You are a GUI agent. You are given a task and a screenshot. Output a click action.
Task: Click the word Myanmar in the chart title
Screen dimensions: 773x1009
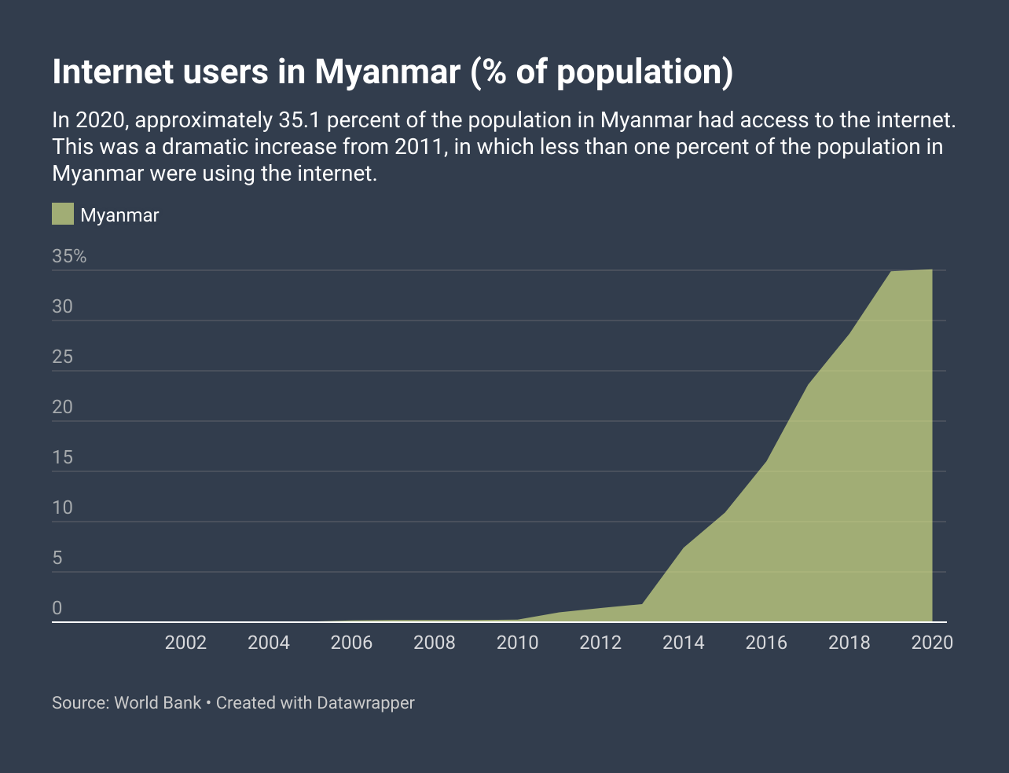pos(387,72)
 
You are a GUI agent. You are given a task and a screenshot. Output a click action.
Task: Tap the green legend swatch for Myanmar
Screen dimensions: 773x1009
pos(63,214)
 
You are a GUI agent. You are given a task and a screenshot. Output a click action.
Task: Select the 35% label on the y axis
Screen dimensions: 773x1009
pos(69,256)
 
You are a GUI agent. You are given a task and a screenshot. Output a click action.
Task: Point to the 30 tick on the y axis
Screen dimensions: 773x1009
pos(62,306)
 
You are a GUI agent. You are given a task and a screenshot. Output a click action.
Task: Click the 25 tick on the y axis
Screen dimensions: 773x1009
pos(62,357)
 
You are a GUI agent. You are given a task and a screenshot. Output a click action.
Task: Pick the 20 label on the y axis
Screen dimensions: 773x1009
pos(62,407)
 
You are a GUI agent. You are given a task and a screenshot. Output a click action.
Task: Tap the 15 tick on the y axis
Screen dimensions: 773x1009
pos(62,457)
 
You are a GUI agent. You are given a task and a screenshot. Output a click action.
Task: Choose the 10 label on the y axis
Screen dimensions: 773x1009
pos(62,507)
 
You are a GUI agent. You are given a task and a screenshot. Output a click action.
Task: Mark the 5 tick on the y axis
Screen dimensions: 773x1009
pos(57,559)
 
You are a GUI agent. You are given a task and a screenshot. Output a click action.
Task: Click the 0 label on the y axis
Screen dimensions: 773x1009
pos(57,608)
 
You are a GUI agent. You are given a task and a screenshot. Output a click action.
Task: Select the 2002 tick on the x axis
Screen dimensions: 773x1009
pos(185,643)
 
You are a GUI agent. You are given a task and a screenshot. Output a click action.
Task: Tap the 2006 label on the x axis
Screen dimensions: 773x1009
pos(351,643)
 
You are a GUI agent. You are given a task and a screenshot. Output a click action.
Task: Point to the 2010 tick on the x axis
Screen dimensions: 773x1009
pos(517,643)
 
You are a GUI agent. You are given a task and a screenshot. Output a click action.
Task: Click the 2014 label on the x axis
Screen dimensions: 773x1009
pos(684,643)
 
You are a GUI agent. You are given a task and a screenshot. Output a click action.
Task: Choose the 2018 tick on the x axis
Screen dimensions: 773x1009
pos(849,643)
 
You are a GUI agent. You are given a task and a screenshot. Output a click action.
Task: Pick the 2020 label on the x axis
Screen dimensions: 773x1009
pos(932,643)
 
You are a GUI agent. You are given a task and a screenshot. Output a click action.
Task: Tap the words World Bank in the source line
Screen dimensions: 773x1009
pos(157,702)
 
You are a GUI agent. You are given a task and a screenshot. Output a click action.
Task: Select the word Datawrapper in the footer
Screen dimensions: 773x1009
pos(365,702)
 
